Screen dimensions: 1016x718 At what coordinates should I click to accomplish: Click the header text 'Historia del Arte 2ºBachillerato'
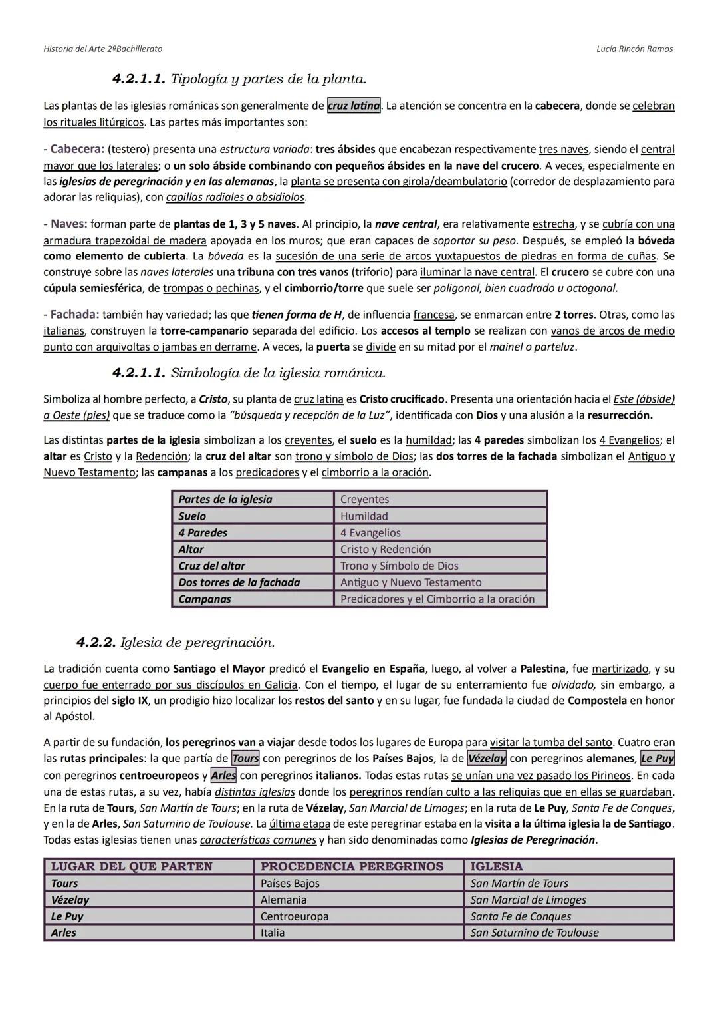[x=102, y=49]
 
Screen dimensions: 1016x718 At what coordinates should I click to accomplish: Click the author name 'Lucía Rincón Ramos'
[x=634, y=49]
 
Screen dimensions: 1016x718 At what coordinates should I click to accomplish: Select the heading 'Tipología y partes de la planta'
[x=268, y=79]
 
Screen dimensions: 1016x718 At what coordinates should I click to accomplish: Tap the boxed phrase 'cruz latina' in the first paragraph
[x=354, y=106]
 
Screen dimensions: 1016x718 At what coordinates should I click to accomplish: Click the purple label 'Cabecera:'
[x=77, y=149]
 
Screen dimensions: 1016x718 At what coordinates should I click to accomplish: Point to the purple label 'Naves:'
[x=68, y=224]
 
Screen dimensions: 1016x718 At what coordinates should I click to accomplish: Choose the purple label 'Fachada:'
[x=74, y=315]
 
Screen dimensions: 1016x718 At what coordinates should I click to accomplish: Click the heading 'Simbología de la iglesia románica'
[x=278, y=373]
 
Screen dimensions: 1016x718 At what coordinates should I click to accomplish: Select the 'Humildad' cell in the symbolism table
[x=364, y=516]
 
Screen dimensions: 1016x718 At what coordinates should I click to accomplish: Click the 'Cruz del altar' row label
[x=211, y=566]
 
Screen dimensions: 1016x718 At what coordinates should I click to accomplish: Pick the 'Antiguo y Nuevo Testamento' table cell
[x=410, y=583]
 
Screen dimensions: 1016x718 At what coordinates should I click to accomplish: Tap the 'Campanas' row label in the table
[x=205, y=599]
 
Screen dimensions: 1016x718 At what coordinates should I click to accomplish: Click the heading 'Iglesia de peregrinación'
[x=197, y=643]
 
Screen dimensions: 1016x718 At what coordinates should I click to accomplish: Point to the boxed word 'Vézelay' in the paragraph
[x=487, y=759]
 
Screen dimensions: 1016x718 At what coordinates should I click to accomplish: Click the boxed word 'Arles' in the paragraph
[x=223, y=776]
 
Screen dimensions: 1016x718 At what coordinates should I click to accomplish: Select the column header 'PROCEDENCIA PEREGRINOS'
[x=352, y=866]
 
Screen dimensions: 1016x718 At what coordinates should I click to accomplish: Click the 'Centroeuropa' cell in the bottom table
[x=295, y=916]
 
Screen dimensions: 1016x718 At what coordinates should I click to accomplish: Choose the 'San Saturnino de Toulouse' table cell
[x=534, y=933]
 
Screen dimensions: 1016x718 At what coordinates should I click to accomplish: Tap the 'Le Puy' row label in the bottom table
[x=67, y=916]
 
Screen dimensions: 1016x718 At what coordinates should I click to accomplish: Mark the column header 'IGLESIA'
[x=496, y=866]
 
